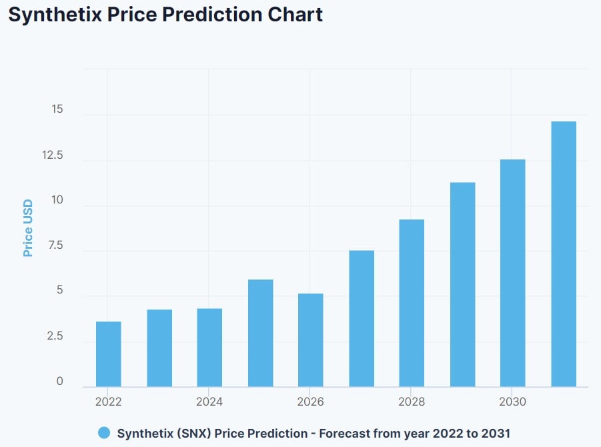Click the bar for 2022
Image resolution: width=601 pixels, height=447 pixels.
pyautogui.click(x=109, y=354)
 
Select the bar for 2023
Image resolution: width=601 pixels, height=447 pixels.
pyautogui.click(x=159, y=348)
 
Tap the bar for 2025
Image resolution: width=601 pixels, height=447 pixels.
pyautogui.click(x=260, y=333)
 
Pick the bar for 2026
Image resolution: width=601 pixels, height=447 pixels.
pyautogui.click(x=311, y=340)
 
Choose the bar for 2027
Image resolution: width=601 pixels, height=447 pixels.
pyautogui.click(x=362, y=318)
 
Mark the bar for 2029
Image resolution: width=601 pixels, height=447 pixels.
pyautogui.click(x=462, y=284)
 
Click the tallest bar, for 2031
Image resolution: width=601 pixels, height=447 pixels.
pyautogui.click(x=564, y=254)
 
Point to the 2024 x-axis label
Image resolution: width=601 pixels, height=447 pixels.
pyautogui.click(x=209, y=402)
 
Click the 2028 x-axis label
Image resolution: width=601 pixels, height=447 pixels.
pyautogui.click(x=412, y=402)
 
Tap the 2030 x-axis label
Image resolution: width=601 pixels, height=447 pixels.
pyautogui.click(x=512, y=402)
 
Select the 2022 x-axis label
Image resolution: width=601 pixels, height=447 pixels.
pyautogui.click(x=108, y=402)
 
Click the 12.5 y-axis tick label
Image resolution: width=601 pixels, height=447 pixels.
pyautogui.click(x=53, y=155)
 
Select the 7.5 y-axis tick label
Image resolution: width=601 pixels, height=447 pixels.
pyautogui.click(x=56, y=246)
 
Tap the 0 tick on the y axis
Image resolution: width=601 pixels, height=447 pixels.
pyautogui.click(x=60, y=382)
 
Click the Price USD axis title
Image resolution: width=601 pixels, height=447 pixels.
pyautogui.click(x=28, y=228)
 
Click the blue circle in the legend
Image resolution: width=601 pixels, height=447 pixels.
pyautogui.click(x=103, y=433)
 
